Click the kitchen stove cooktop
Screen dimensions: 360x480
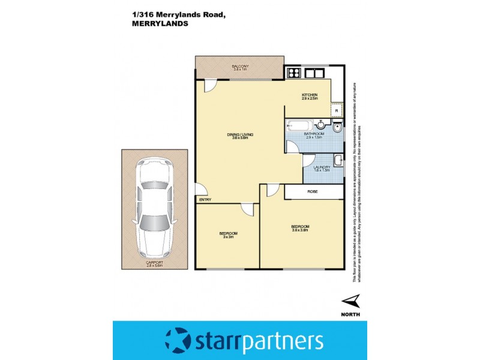pos(294,74)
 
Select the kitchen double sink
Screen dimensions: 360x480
pos(314,74)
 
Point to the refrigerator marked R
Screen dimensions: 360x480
pos(337,110)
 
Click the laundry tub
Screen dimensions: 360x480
pos(338,160)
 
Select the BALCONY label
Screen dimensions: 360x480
pos(240,67)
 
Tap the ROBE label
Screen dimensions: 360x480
pos(313,191)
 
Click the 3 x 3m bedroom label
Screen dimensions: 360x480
pos(228,235)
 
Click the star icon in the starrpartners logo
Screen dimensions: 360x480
pos(178,340)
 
